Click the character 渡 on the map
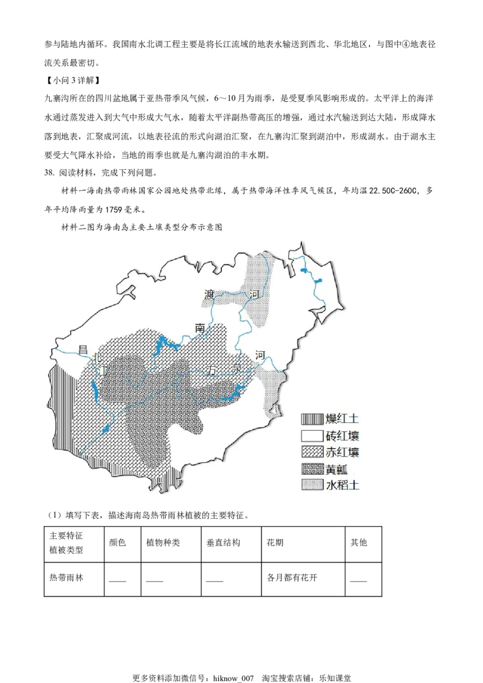(210, 295)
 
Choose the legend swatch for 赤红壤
(312, 451)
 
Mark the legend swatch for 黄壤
(312, 469)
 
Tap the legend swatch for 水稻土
(312, 485)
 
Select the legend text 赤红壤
(342, 451)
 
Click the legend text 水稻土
(342, 485)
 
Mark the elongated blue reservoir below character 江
(95, 390)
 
